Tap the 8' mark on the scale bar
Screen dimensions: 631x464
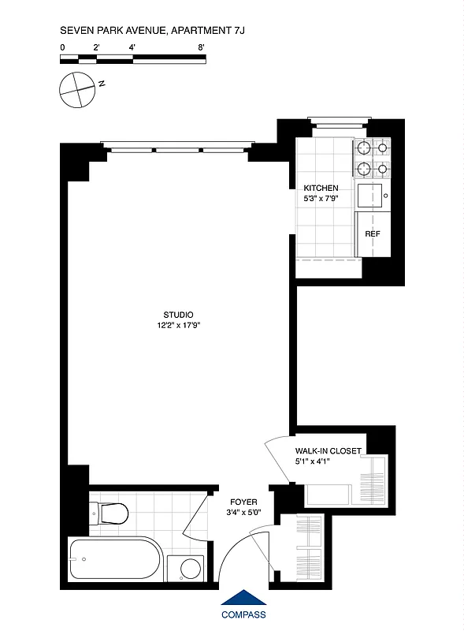point(202,48)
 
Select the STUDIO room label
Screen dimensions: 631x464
point(178,314)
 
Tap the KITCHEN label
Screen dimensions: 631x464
point(321,189)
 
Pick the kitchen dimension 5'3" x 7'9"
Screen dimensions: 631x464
point(321,199)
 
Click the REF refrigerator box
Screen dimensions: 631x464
point(372,234)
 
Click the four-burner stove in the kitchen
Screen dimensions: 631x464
point(372,157)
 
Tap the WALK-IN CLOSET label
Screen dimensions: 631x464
point(329,451)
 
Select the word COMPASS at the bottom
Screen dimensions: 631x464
point(243,615)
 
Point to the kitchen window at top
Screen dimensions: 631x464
point(339,121)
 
